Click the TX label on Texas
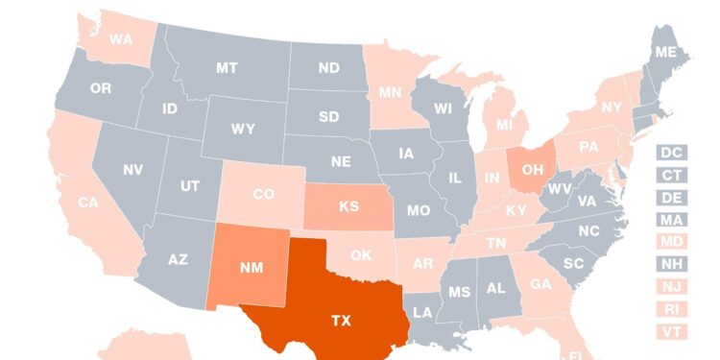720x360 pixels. (340, 321)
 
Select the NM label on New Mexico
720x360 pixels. (252, 268)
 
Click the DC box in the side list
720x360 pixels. (671, 153)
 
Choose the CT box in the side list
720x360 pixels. (671, 175)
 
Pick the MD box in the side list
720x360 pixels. (671, 242)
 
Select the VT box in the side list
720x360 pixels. (671, 331)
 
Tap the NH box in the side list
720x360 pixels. (671, 264)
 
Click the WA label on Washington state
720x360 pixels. (121, 39)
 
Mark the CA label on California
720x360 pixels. (88, 203)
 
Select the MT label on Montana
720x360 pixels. (227, 68)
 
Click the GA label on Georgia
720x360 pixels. (540, 283)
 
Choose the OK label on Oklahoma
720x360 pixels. (360, 255)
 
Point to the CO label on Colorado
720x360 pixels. (263, 194)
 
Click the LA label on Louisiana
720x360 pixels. (422, 312)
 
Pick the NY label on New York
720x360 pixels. (612, 108)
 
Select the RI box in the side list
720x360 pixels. (671, 309)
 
